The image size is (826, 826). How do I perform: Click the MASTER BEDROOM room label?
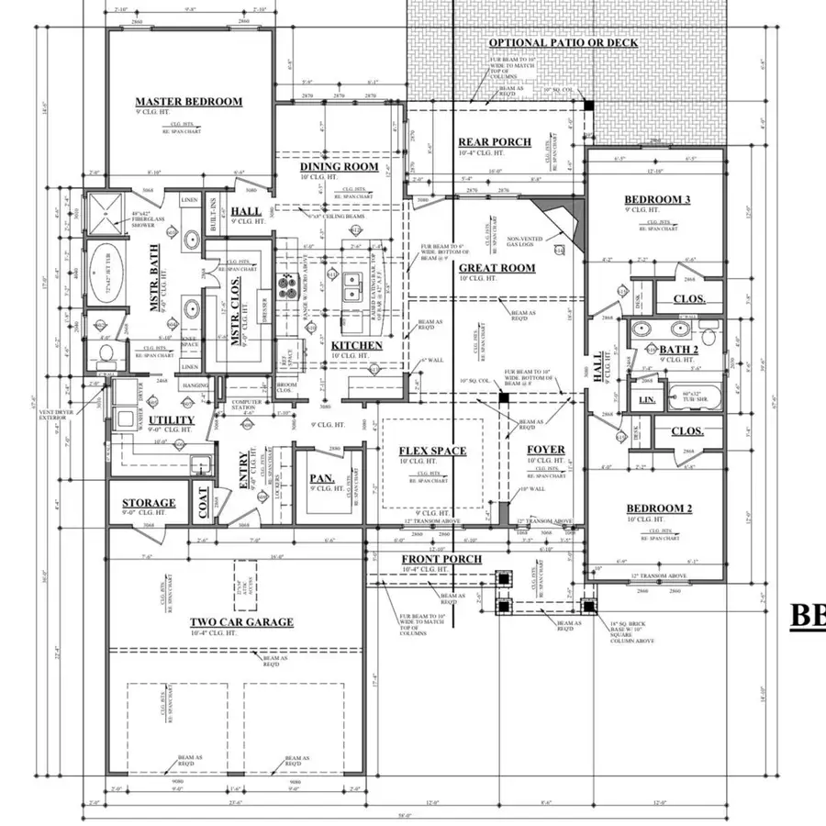(x=189, y=102)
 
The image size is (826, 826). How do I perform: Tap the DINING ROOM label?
(x=340, y=167)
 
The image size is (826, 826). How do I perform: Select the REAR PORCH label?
(x=495, y=141)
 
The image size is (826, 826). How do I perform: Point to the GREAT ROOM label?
(x=503, y=268)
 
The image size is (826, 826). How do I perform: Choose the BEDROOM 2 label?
(x=658, y=509)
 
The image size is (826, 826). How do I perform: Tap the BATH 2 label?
(x=678, y=350)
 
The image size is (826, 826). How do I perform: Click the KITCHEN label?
(x=357, y=345)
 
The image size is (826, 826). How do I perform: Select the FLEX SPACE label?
(x=432, y=451)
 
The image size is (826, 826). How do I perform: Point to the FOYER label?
(x=546, y=450)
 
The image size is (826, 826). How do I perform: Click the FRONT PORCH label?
(x=441, y=559)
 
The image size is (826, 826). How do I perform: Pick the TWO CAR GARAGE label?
(x=241, y=622)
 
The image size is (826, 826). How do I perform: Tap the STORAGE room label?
(x=149, y=503)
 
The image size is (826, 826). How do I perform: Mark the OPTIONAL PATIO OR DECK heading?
(x=564, y=43)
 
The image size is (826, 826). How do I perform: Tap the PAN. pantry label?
(x=320, y=478)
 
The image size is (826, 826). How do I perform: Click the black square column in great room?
(x=503, y=397)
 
